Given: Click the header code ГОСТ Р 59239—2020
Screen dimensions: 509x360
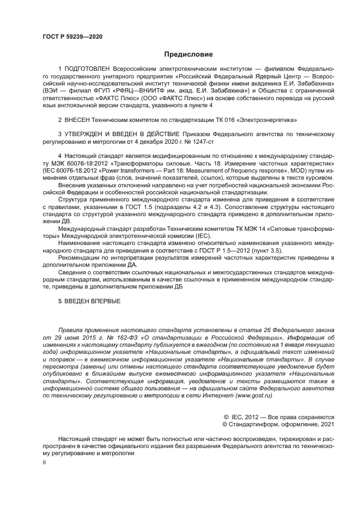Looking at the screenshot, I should [x=72, y=36].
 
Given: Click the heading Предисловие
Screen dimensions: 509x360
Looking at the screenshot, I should [x=189, y=54].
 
